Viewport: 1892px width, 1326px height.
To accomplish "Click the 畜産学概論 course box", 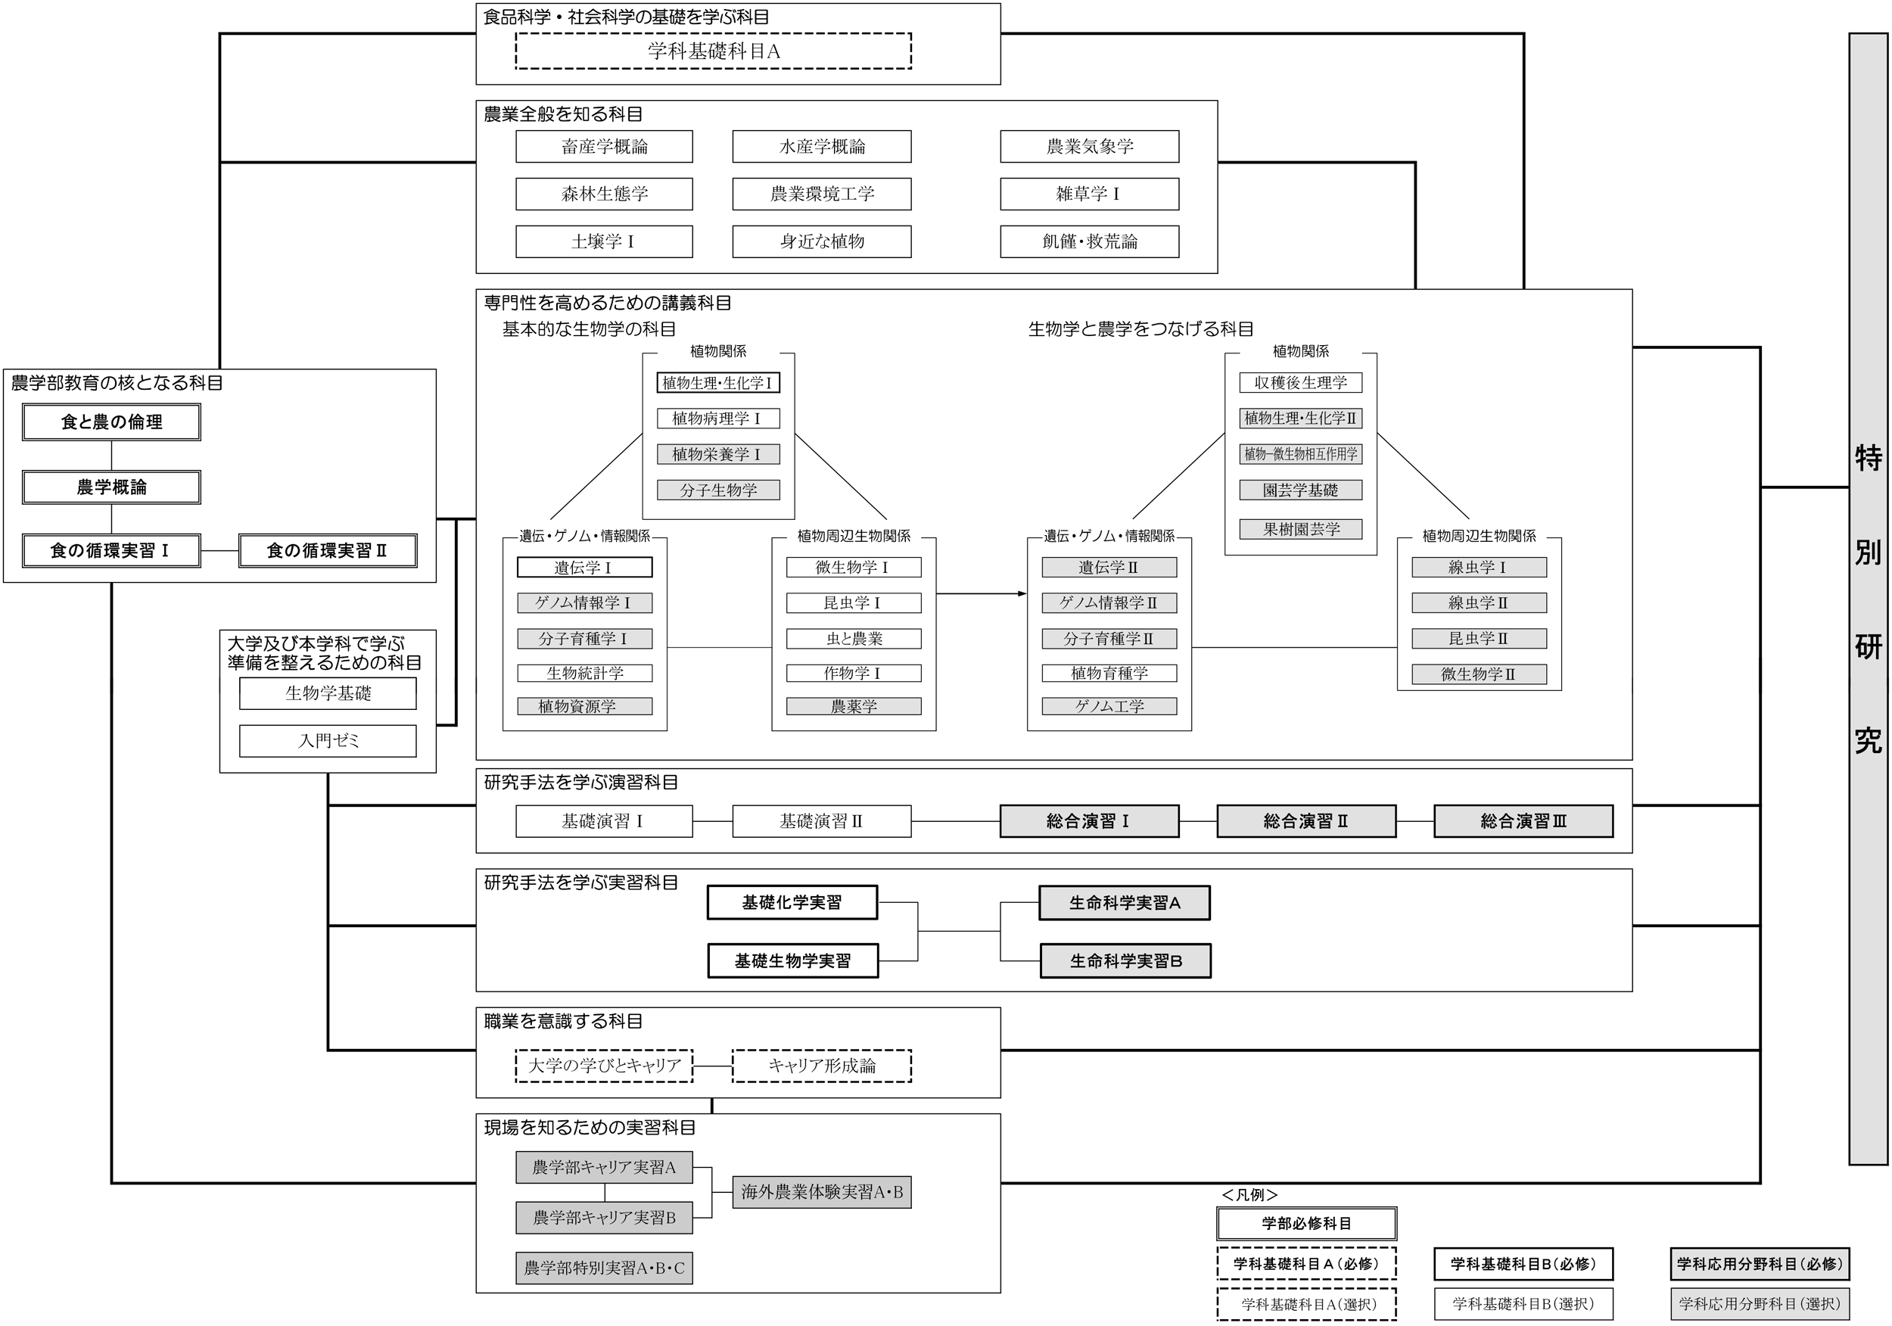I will click(x=604, y=147).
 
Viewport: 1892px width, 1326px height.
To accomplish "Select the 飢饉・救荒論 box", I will click(x=1089, y=241).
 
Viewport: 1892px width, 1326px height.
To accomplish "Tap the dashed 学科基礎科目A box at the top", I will click(x=713, y=51).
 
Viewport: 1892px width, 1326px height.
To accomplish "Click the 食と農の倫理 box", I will click(x=111, y=422).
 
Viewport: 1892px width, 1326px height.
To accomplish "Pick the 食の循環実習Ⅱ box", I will click(x=327, y=550).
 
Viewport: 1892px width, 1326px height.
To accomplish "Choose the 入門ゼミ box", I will click(x=328, y=741).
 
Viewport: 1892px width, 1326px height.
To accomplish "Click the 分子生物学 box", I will click(x=717, y=490).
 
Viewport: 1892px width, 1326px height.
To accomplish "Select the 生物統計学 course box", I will click(x=584, y=674).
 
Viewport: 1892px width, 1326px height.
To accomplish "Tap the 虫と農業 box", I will click(x=854, y=639).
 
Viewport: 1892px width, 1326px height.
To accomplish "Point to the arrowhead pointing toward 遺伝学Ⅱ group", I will click(x=1022, y=593).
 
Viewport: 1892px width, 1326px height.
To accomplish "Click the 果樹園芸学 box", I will click(x=1300, y=529).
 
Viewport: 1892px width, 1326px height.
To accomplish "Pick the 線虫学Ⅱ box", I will click(x=1478, y=602).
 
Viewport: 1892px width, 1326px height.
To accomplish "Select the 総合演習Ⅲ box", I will click(x=1523, y=821).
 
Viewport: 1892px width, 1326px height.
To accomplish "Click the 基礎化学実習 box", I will click(x=792, y=902).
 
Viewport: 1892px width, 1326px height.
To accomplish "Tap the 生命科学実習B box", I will click(x=1125, y=961).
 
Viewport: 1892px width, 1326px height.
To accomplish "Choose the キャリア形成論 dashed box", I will click(x=822, y=1066).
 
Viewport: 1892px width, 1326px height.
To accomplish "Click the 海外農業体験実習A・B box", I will click(x=822, y=1192).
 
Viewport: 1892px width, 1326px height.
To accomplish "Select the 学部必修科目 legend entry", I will click(x=1306, y=1224).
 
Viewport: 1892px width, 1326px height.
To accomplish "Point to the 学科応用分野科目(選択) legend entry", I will click(x=1760, y=1304).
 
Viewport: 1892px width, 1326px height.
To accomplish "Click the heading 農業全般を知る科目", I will click(x=563, y=114).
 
